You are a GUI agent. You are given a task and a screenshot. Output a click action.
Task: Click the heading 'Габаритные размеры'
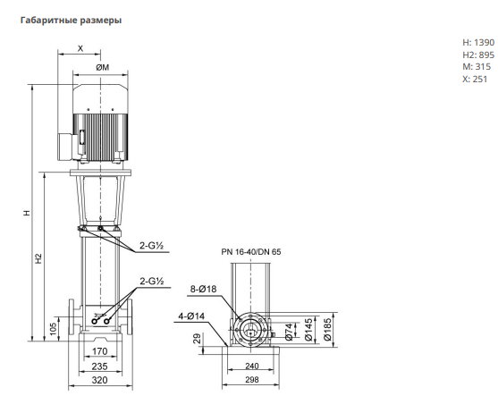71,21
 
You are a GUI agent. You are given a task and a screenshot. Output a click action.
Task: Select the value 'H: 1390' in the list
478,43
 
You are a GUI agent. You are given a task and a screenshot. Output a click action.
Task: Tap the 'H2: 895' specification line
478,55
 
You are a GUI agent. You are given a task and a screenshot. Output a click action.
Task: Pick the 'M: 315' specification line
477,67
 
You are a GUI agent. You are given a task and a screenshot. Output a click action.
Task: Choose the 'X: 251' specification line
475,79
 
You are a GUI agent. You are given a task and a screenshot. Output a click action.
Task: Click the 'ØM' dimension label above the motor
103,67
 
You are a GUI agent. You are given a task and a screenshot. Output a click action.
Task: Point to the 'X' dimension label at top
80,48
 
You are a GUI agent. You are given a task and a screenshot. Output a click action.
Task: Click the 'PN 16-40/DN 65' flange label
251,252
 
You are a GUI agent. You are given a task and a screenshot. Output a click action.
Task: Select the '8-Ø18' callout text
203,289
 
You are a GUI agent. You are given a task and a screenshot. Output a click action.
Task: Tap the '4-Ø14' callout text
191,316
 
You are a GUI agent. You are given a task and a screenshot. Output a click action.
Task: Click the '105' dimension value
54,329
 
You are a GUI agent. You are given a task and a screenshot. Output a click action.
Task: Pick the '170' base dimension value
100,351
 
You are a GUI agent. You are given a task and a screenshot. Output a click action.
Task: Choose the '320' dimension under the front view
100,380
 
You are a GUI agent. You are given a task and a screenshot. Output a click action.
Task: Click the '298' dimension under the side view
252,380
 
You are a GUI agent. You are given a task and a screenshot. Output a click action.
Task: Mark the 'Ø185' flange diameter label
327,330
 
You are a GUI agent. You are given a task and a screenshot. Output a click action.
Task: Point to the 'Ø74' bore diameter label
289,333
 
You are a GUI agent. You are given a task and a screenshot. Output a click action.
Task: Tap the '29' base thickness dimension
198,339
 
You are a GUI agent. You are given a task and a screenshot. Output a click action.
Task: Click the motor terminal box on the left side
66,147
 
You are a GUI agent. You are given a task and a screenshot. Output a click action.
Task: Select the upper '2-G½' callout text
151,246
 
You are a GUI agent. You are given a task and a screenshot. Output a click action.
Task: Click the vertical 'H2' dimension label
38,258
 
